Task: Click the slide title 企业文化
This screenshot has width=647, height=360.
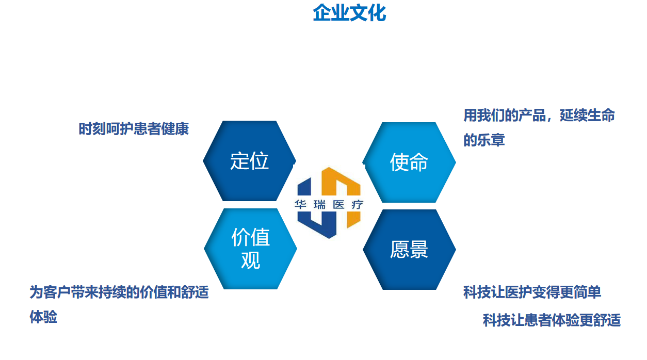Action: pyautogui.click(x=349, y=13)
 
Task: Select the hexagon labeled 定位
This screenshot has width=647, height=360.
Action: pyautogui.click(x=249, y=161)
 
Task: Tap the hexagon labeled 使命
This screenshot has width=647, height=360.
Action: pyautogui.click(x=409, y=162)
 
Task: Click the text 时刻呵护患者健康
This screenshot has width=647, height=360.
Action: pyautogui.click(x=134, y=129)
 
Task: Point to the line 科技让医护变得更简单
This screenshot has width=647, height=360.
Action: pyautogui.click(x=532, y=293)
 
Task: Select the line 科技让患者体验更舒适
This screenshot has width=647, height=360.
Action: pyautogui.click(x=552, y=320)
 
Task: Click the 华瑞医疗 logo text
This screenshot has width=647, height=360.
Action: pyautogui.click(x=329, y=205)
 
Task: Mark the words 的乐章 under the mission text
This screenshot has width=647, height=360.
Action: pyautogui.click(x=484, y=140)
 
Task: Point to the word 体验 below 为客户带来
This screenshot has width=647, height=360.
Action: pyautogui.click(x=43, y=317)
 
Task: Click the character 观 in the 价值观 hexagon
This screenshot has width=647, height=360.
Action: pyautogui.click(x=250, y=260)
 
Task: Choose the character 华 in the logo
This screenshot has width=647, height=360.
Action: pyautogui.click(x=300, y=205)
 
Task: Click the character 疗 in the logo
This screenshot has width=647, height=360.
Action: pyautogui.click(x=357, y=205)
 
